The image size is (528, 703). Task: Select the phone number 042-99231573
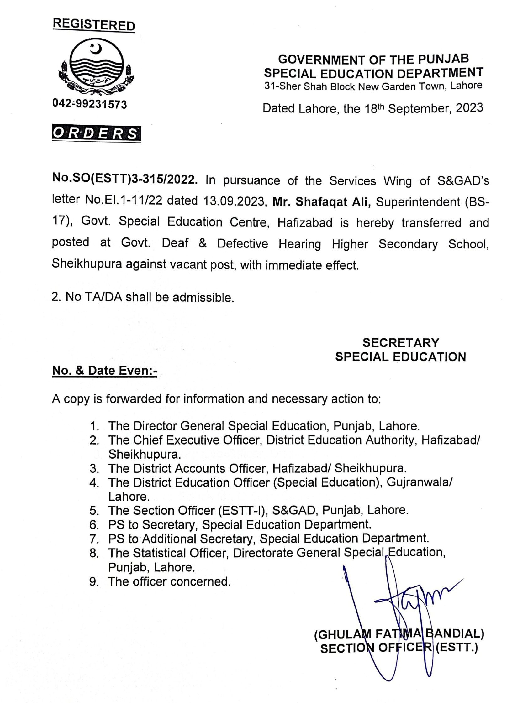click(89, 104)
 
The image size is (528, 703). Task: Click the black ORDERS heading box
click(96, 134)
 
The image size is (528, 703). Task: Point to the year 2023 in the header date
click(469, 108)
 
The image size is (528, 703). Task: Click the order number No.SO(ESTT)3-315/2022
click(125, 180)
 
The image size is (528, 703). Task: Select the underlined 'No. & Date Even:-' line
click(105, 371)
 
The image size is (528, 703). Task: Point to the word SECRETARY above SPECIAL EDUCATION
click(400, 343)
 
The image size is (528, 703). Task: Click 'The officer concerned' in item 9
click(169, 581)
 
